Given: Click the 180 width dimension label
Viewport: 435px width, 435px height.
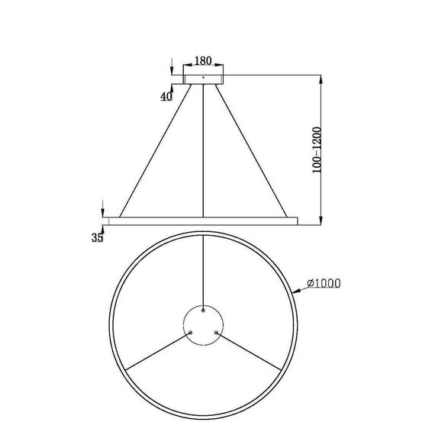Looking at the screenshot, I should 202,60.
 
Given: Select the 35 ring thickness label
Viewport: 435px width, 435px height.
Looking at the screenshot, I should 97,238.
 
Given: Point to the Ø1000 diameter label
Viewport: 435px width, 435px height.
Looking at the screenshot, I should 323,284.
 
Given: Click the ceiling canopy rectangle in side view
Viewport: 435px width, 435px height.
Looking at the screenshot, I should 203,78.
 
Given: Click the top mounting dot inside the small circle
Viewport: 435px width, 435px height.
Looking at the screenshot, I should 203,311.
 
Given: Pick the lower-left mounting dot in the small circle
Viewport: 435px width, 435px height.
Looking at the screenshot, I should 190,333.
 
